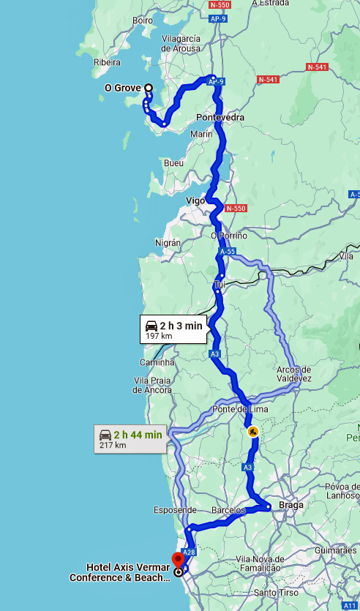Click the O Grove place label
[x=122, y=89]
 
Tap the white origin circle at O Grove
[x=149, y=88]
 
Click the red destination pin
[x=177, y=561]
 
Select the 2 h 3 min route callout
[x=173, y=329]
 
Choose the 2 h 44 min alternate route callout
[x=130, y=438]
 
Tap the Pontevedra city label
[x=220, y=117]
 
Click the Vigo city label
[x=195, y=200]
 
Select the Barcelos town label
[x=229, y=509]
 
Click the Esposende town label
[x=175, y=509]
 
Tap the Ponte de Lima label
[x=236, y=408]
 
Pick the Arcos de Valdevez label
[x=294, y=374]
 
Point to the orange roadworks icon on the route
[x=252, y=431]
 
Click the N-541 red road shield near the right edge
[x=318, y=67]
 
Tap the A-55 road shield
[x=227, y=251]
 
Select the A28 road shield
[x=189, y=552]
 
